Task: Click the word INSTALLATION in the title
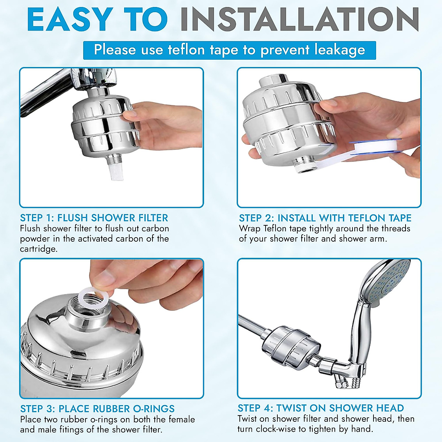(x=300, y=20)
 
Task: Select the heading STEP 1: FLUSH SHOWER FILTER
(x=94, y=218)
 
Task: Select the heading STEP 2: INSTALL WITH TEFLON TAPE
(x=325, y=218)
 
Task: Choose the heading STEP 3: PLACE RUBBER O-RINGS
(x=98, y=408)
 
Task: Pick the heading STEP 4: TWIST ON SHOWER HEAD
(x=321, y=408)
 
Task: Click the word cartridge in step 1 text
(x=39, y=249)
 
